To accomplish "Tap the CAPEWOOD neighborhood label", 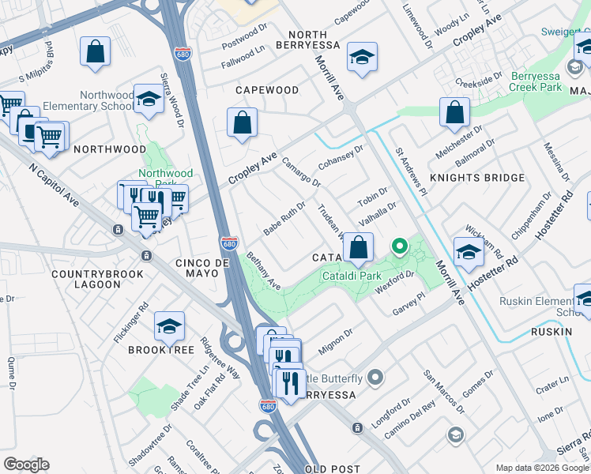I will coord(266,90).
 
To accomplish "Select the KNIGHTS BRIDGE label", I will coord(476,178).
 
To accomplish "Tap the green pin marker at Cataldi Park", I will coord(400,247).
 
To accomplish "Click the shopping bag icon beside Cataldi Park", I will coord(358,247).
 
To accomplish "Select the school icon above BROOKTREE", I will coord(169,325).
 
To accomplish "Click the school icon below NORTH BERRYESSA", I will coord(362,58).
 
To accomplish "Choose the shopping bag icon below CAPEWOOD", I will coord(242,124).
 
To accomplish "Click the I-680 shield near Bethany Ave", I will coord(229,244).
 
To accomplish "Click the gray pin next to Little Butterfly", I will coord(376,378).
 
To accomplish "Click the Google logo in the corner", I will coord(26,465).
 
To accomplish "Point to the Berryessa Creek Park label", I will coord(545,81).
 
